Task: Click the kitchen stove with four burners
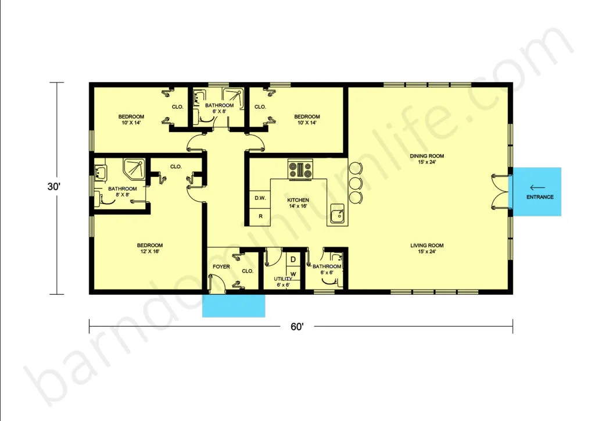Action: point(300,169)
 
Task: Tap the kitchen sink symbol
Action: point(338,214)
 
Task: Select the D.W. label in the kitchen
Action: point(260,198)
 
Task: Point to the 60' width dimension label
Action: point(297,327)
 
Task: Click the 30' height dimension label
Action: point(54,187)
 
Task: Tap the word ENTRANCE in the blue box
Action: point(540,197)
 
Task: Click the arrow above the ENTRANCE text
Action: point(537,188)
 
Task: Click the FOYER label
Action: point(221,267)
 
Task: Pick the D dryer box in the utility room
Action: point(293,260)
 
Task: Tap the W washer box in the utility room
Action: point(293,274)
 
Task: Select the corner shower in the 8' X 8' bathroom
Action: point(134,169)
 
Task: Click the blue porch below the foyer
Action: point(234,306)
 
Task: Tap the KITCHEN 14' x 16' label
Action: point(298,203)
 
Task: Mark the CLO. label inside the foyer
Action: point(248,271)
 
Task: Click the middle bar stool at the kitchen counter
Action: point(356,183)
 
